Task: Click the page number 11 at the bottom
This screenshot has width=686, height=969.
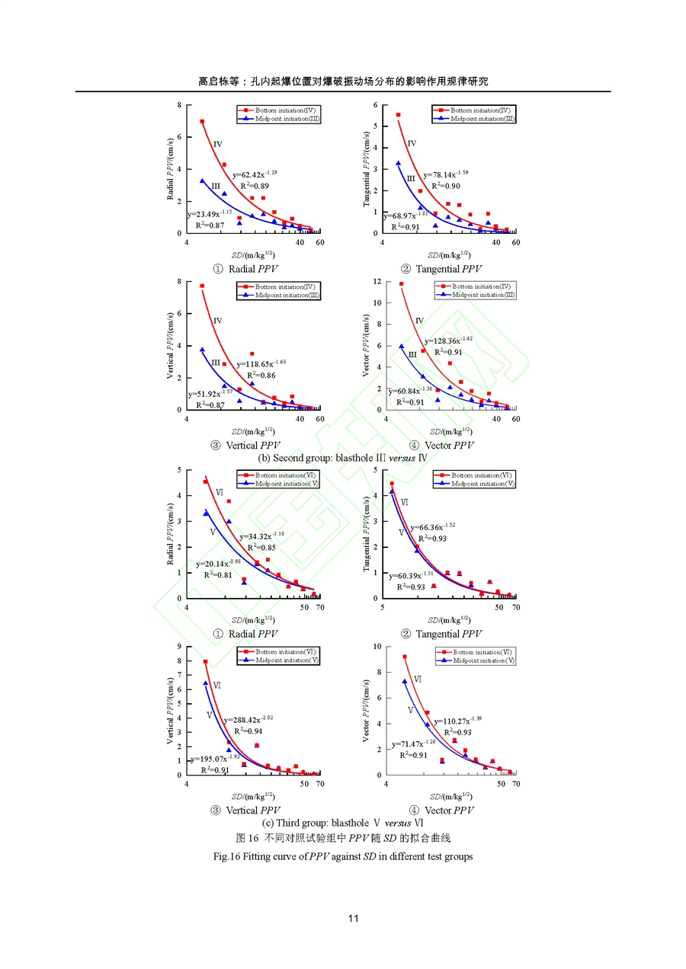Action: (x=353, y=918)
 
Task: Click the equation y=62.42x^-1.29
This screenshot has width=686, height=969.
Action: (x=255, y=174)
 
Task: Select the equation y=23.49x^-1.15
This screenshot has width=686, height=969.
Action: (x=209, y=214)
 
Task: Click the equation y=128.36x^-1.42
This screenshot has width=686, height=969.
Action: (x=449, y=341)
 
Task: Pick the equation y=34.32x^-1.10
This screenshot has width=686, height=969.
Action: (x=261, y=536)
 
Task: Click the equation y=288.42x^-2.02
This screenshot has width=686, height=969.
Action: (x=248, y=719)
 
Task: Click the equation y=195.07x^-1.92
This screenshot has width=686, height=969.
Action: (x=215, y=759)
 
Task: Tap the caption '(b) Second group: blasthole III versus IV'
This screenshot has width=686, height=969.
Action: (x=342, y=458)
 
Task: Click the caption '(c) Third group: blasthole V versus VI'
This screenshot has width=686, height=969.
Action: (x=342, y=823)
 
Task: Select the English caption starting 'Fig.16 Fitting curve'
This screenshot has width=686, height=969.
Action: (x=343, y=856)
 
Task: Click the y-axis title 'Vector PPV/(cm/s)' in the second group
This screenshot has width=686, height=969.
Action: (x=366, y=347)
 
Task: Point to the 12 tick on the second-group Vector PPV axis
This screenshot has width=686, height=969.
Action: (x=376, y=282)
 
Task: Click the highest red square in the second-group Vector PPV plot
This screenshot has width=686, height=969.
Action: (x=402, y=284)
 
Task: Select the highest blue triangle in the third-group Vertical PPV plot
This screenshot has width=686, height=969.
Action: (x=205, y=683)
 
